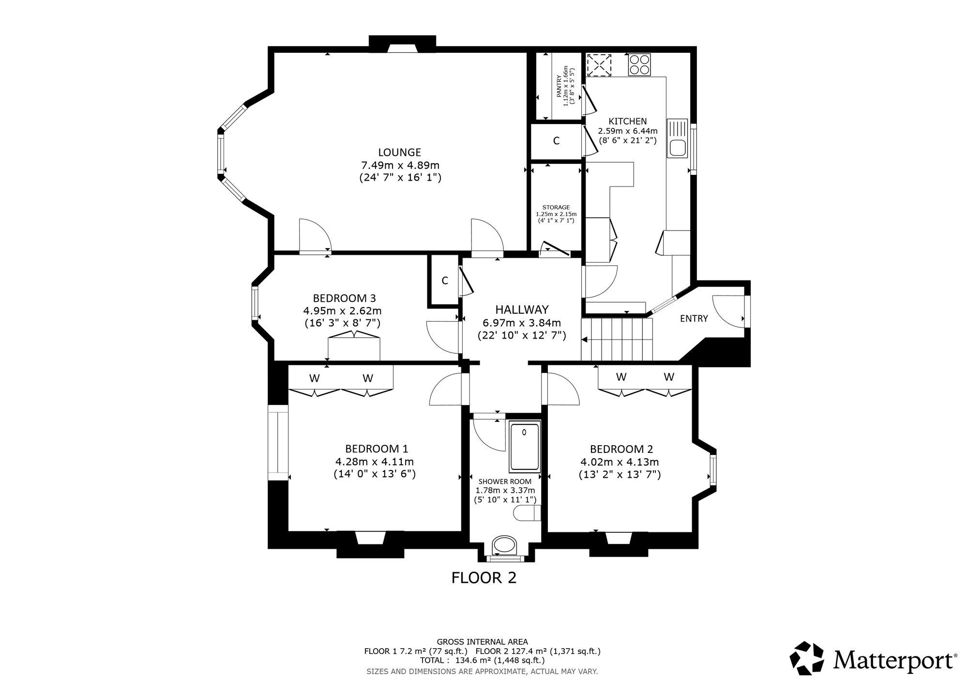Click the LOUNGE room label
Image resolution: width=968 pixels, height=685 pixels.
(x=400, y=153)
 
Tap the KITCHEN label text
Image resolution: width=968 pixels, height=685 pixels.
(x=628, y=121)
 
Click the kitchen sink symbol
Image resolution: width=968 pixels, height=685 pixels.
(x=677, y=138)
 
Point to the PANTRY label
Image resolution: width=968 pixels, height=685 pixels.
(x=559, y=86)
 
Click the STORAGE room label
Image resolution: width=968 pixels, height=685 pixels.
(x=556, y=207)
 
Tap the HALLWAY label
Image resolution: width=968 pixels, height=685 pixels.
(x=522, y=310)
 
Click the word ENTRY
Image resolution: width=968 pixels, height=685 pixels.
(x=694, y=319)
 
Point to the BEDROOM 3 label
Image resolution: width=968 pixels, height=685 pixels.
(x=344, y=298)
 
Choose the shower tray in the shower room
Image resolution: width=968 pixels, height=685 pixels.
(x=524, y=446)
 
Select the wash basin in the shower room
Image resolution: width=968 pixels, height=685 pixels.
(x=505, y=545)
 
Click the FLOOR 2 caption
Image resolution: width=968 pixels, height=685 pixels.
(x=484, y=578)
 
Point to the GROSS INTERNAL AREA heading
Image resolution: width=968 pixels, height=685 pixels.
(x=482, y=642)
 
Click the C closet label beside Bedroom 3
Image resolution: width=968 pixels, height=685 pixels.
(x=444, y=280)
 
